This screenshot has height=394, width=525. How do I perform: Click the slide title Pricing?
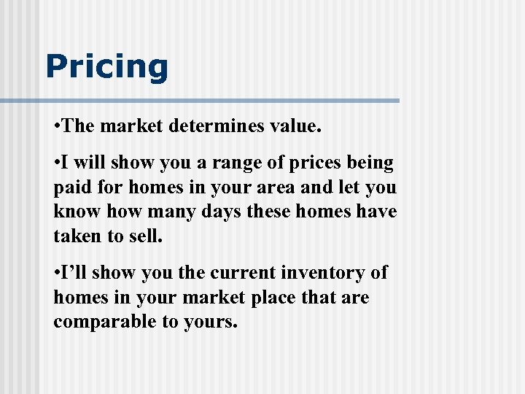(x=106, y=66)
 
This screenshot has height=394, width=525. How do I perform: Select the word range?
(x=254, y=162)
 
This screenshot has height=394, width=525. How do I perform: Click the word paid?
(x=71, y=187)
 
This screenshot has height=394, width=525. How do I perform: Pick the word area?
(x=275, y=187)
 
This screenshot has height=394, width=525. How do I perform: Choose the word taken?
(x=77, y=236)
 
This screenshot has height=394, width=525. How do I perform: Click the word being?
(x=375, y=162)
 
